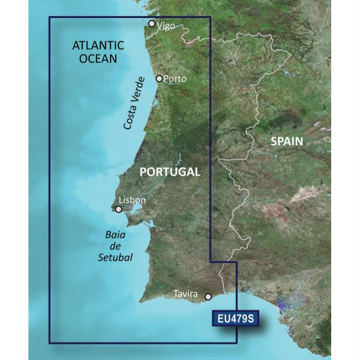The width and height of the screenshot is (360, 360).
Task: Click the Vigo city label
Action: (x=166, y=26)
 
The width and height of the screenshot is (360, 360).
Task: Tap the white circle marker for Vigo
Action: (x=152, y=23)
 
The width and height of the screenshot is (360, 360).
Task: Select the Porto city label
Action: (x=175, y=79)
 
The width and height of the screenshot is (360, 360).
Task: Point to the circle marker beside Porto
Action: (x=159, y=79)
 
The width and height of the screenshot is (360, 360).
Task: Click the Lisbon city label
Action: (x=132, y=200)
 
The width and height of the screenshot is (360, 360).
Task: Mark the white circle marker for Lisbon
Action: (x=119, y=209)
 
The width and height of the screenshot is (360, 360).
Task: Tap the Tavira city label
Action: (x=185, y=293)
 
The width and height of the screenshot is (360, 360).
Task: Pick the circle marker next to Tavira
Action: (x=208, y=296)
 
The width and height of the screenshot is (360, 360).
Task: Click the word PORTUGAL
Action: (x=170, y=172)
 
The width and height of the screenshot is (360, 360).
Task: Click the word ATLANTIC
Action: (x=98, y=46)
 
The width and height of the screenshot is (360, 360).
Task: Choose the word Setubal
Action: (x=115, y=257)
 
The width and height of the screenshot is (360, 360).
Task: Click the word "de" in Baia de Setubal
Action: (x=116, y=247)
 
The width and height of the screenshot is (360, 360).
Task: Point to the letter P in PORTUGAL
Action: (x=144, y=172)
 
